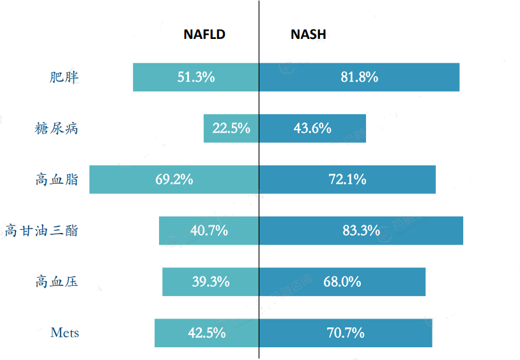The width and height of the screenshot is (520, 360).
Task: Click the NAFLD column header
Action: coord(204,34)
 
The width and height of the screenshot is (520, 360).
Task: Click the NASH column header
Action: coord(308,34)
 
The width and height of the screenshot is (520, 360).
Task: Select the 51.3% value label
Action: coord(196,77)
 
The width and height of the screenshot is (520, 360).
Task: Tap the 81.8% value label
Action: coord(360,77)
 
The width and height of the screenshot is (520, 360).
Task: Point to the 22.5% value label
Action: coord(231,128)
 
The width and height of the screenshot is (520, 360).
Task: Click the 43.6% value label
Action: coord(312,128)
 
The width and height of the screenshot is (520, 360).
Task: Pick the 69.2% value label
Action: coord(174,179)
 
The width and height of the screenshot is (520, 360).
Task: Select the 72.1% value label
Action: coord(348,179)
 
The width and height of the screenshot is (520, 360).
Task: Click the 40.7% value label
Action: coord(209,230)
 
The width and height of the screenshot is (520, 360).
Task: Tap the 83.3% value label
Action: coord(361,230)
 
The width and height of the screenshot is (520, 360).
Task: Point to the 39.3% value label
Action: coord(211,281)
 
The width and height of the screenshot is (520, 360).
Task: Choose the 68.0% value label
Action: coord(342,281)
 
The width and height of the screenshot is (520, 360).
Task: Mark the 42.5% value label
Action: coord(207,333)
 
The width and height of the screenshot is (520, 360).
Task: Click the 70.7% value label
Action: coord(346,333)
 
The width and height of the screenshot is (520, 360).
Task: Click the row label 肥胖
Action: coord(64,77)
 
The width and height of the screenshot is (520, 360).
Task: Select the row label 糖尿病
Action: coord(56,128)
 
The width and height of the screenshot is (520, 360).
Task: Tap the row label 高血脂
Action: coord(56,179)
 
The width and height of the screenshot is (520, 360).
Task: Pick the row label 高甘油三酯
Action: coord(42,230)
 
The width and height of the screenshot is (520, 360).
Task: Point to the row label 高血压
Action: coord(56,281)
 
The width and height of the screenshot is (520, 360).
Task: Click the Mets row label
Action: coord(65,333)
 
